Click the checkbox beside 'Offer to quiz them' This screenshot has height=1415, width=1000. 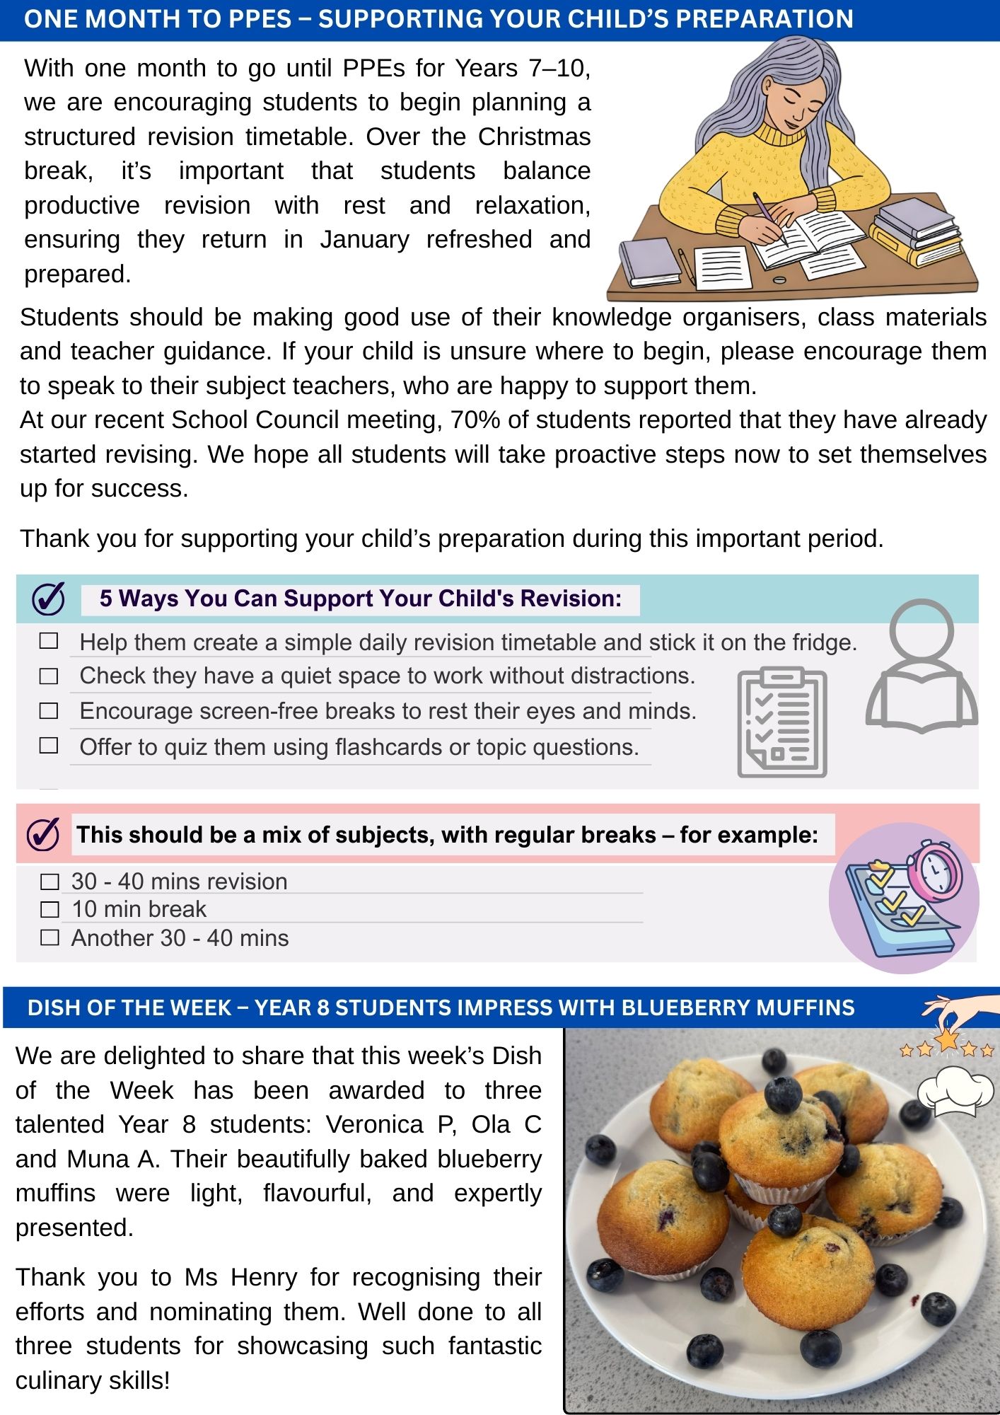pyautogui.click(x=49, y=746)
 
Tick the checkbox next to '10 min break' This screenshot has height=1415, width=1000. pyautogui.click(x=50, y=909)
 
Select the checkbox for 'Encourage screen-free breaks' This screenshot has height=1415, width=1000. pyautogui.click(x=49, y=710)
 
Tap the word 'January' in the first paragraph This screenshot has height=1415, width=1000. pyautogui.click(x=364, y=240)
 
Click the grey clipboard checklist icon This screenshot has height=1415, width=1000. pyautogui.click(x=781, y=722)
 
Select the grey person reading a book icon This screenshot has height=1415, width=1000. pyautogui.click(x=921, y=665)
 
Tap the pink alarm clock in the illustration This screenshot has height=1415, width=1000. pyautogui.click(x=934, y=870)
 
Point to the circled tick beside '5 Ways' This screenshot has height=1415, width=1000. pyautogui.click(x=49, y=599)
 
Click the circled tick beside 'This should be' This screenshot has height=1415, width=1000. pyautogui.click(x=43, y=835)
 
